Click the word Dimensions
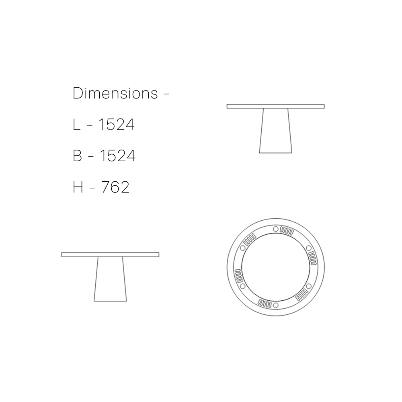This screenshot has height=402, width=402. click(x=115, y=93)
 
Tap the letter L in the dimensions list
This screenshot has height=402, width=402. click(x=76, y=125)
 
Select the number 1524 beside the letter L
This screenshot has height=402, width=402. click(x=117, y=125)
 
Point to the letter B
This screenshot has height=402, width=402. click(x=77, y=156)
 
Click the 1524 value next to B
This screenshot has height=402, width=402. click(x=117, y=156)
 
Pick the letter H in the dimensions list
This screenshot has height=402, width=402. click(x=78, y=187)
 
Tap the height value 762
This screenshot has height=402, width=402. click(x=115, y=187)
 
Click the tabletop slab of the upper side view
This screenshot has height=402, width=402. click(x=276, y=107)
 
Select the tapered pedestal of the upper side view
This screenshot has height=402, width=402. click(x=276, y=131)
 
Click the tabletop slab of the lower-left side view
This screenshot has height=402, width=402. click(x=110, y=254)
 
